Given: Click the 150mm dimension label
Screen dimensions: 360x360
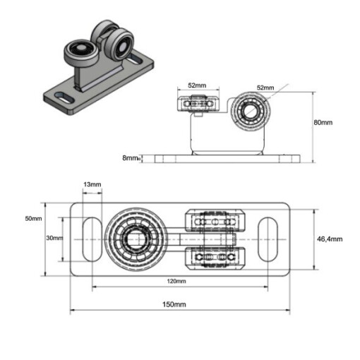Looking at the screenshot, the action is [174, 304].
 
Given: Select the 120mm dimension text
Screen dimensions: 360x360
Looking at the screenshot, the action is [176, 281].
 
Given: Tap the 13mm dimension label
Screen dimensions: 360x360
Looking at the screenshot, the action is [92, 184].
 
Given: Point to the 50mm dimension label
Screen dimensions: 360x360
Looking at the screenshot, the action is [33, 218].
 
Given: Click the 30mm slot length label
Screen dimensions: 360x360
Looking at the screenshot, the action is [54, 238].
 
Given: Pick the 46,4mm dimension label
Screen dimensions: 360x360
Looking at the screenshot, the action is [330, 239].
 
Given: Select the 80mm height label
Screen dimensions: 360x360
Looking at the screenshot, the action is [323, 122].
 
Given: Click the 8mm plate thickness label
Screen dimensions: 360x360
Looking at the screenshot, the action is [130, 157].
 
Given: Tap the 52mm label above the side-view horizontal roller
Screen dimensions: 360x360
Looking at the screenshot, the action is [197, 85].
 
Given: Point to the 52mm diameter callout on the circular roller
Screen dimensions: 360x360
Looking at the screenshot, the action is [265, 88].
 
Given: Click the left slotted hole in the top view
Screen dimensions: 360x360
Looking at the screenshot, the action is [92, 239].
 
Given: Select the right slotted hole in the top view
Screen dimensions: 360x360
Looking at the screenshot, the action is [268, 239].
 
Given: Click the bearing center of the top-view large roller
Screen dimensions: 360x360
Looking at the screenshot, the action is [136, 239].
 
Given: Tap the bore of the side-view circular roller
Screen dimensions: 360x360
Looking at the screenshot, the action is [249, 110].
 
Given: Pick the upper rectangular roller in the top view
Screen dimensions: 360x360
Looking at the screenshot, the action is [215, 221].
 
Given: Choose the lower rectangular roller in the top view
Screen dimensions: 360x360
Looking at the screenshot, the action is [215, 258].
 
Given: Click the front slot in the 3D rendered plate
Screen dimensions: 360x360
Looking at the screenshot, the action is [64, 97].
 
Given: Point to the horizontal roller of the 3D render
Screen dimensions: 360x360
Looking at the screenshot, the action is [80, 52].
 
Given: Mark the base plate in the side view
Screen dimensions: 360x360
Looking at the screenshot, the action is [227, 159].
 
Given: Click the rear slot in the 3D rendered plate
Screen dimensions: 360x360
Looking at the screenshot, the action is [135, 59].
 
